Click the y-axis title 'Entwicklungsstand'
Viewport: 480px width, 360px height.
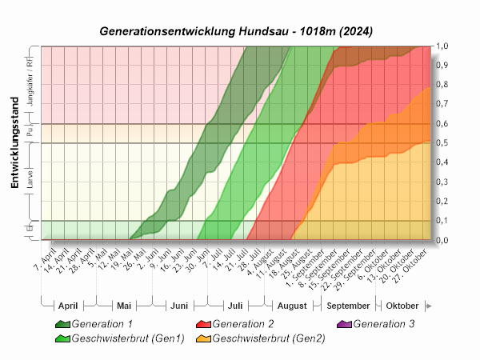(14, 152)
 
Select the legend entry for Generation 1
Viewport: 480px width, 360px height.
(102, 324)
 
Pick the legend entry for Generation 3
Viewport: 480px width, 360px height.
(384, 324)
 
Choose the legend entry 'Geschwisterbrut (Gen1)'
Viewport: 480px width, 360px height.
(128, 338)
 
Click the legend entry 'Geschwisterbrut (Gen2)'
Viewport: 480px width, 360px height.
(269, 338)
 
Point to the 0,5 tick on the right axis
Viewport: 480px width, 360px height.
(441, 143)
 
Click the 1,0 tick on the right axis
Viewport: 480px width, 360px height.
(441, 46)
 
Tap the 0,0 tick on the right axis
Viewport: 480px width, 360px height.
(441, 240)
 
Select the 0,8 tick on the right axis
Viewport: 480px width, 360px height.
(441, 85)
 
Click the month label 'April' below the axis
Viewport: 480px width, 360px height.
(68, 306)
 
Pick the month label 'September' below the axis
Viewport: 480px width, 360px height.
(348, 306)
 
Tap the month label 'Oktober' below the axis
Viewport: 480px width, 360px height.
(402, 306)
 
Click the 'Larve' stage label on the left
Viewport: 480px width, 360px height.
(30, 181)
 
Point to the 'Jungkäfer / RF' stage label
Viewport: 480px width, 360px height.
(30, 84)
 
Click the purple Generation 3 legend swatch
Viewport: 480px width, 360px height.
(344, 324)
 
